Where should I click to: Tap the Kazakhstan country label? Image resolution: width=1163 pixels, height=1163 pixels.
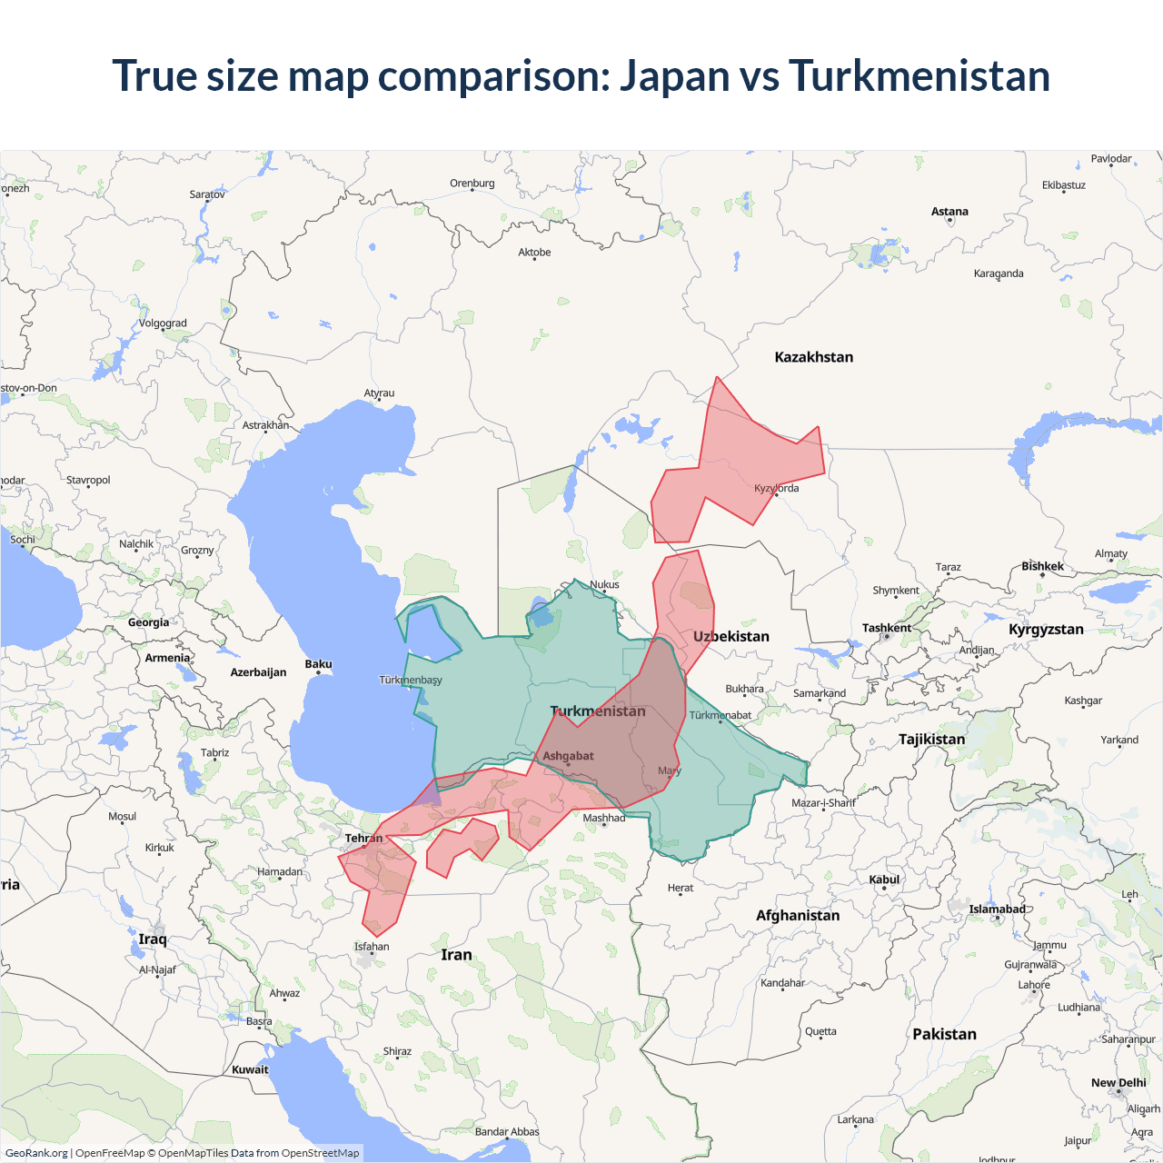pyautogui.click(x=813, y=357)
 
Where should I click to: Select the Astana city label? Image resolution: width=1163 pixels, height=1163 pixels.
pyautogui.click(x=949, y=212)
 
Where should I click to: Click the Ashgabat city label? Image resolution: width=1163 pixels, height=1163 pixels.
pyautogui.click(x=568, y=756)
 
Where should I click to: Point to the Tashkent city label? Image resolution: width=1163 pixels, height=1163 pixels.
pyautogui.click(x=886, y=628)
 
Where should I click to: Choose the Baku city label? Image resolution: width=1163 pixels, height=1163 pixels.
pyautogui.click(x=318, y=664)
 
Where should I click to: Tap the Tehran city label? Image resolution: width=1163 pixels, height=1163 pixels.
pyautogui.click(x=363, y=839)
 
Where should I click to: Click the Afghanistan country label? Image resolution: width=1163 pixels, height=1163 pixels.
pyautogui.click(x=798, y=915)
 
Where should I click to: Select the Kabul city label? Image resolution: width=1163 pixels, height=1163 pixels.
pyautogui.click(x=884, y=880)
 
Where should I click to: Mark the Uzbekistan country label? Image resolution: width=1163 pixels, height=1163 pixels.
pyautogui.click(x=731, y=636)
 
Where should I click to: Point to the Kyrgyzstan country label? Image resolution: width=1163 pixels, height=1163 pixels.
pyautogui.click(x=1046, y=629)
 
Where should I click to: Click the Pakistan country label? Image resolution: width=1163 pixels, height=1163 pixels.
pyautogui.click(x=944, y=1034)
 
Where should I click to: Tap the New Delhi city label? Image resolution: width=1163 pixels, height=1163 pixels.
pyautogui.click(x=1118, y=1083)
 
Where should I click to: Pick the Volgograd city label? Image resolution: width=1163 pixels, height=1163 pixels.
pyautogui.click(x=163, y=323)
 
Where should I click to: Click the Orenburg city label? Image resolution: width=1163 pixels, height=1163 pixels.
pyautogui.click(x=472, y=184)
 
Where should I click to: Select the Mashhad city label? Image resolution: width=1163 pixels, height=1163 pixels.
pyautogui.click(x=604, y=818)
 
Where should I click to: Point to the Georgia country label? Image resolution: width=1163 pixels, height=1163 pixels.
pyautogui.click(x=148, y=622)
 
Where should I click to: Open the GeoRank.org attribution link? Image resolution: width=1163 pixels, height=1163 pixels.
pyautogui.click(x=36, y=1153)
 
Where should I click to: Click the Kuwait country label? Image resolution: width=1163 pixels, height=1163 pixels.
pyautogui.click(x=250, y=1069)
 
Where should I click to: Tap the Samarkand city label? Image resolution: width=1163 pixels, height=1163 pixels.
pyautogui.click(x=820, y=693)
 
